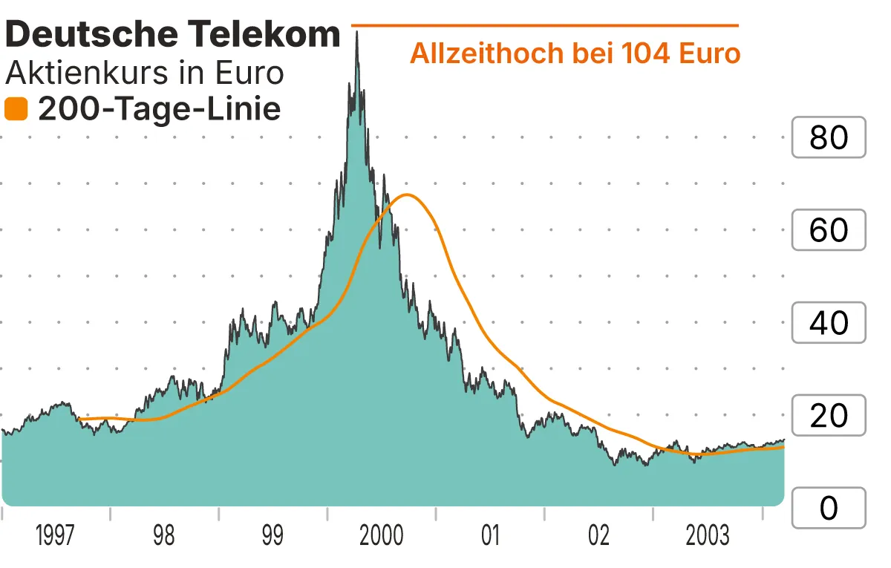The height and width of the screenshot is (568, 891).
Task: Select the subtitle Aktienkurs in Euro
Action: click(145, 74)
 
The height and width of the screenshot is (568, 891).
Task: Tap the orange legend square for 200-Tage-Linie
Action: click(16, 110)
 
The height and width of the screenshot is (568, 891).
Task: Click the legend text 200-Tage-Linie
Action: click(159, 110)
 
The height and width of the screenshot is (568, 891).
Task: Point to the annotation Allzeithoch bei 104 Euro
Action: click(575, 54)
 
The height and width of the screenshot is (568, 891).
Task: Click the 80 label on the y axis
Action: click(829, 137)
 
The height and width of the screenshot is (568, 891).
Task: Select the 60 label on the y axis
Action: click(829, 230)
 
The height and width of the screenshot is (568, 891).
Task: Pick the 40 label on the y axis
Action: click(829, 323)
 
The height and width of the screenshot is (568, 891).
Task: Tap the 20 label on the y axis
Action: click(829, 416)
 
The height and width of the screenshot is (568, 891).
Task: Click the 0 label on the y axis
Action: click(829, 509)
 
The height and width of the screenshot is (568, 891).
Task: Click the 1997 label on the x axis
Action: click(55, 536)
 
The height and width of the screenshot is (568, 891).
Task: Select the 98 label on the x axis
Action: click(163, 536)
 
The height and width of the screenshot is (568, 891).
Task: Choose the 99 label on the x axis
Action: click(272, 536)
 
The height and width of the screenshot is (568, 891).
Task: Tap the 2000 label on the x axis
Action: click(381, 536)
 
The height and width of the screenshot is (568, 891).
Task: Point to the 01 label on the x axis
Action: click(490, 536)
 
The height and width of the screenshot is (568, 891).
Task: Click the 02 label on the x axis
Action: click(598, 536)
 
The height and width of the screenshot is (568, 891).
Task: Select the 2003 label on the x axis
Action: click(707, 536)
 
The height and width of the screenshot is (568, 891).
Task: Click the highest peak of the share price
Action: click(357, 33)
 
